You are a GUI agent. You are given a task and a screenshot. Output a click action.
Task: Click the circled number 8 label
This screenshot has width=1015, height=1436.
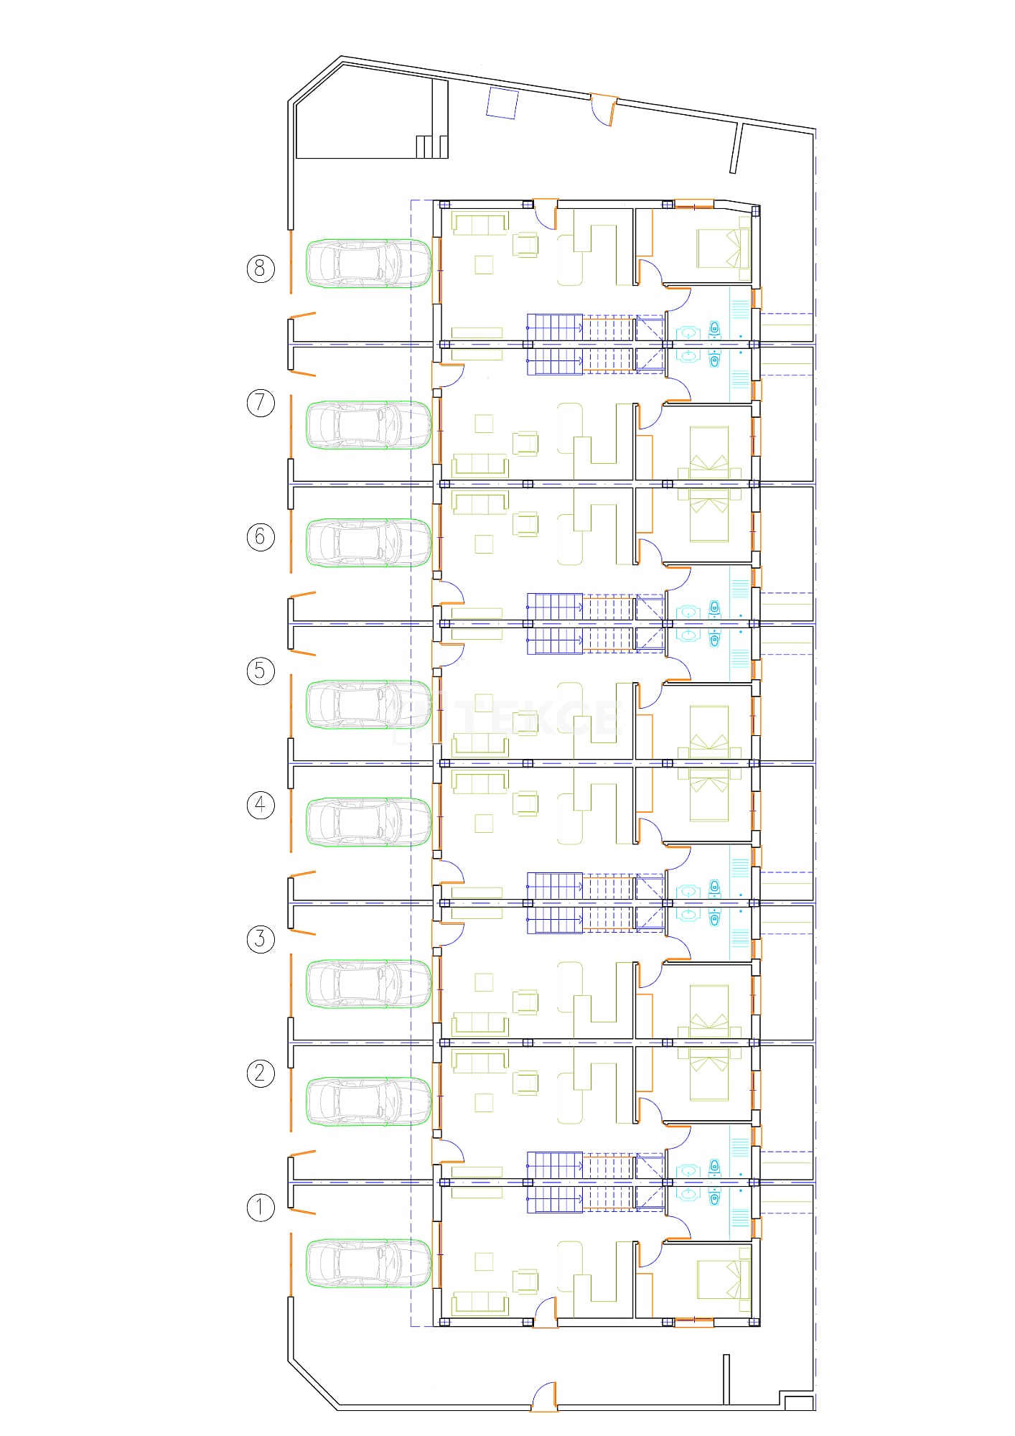pos(261,269)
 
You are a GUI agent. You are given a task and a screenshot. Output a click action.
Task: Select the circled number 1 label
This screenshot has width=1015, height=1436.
pos(261,1207)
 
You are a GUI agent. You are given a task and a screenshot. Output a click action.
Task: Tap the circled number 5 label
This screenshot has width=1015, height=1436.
pos(261,671)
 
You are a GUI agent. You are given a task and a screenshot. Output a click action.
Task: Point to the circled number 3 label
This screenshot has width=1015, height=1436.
pos(261,938)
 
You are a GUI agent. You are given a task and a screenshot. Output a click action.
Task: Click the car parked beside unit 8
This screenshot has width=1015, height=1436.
pos(369,264)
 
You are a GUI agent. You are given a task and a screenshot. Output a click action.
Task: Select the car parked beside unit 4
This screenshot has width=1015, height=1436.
pos(369,821)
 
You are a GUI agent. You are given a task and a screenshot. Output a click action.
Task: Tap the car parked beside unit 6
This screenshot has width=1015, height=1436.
pos(369,543)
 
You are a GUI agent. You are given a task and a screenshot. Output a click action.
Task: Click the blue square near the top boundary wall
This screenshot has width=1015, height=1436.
pos(502,102)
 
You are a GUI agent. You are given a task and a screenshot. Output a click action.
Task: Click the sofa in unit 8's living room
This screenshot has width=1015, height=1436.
pos(480,223)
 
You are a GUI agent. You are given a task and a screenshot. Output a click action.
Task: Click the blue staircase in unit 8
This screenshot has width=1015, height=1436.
pos(555,327)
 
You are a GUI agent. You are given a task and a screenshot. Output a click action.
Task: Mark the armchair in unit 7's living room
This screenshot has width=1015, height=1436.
pos(526,443)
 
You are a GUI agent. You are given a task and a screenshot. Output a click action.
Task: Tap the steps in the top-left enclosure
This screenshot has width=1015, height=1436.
pos(432,146)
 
